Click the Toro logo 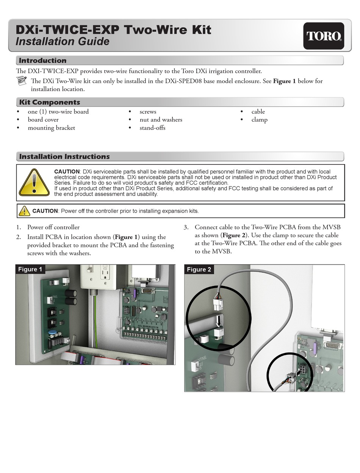(x=324, y=36)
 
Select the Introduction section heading (x=42, y=61)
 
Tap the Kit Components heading (x=49, y=102)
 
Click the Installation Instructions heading (x=64, y=157)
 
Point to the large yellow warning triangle (x=34, y=183)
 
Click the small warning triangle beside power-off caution (x=24, y=211)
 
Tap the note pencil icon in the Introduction (x=22, y=81)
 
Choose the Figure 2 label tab (x=199, y=269)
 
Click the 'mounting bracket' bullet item (x=51, y=128)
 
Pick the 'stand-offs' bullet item (x=152, y=128)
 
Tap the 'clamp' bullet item (x=259, y=120)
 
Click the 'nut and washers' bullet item (x=161, y=120)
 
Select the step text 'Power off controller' (x=53, y=227)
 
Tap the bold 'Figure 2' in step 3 (x=233, y=235)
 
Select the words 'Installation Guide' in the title (x=62, y=41)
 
